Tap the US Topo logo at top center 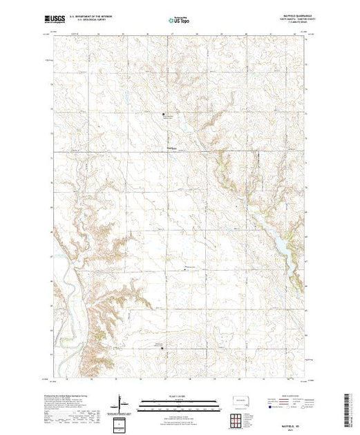tap(179, 21)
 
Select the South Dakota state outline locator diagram tap(238, 400)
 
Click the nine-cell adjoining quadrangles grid tap(238, 418)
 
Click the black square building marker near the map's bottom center tap(163, 349)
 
